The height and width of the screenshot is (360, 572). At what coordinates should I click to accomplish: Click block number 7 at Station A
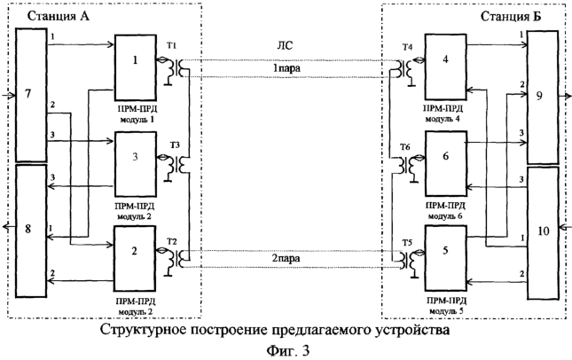31,95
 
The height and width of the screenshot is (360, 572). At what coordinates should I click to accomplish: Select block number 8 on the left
31,231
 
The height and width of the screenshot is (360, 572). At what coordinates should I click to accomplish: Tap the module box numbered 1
136,67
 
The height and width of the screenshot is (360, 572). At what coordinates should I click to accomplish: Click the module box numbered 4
445,67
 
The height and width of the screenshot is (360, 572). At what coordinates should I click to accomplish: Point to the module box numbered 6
445,164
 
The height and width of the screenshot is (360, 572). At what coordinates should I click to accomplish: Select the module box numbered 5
445,258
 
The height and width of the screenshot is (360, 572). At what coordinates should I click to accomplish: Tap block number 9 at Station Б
543,97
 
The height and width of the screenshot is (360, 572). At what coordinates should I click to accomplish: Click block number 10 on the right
544,233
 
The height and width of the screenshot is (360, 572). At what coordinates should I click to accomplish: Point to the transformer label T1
172,46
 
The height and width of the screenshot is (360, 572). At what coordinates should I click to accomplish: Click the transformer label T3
175,145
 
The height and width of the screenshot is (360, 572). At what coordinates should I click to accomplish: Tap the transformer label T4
407,47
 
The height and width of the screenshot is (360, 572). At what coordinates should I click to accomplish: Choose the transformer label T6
405,147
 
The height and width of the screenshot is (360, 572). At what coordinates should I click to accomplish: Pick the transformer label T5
407,243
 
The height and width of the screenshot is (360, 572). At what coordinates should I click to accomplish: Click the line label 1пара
287,68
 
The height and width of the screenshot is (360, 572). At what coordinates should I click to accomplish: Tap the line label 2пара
286,259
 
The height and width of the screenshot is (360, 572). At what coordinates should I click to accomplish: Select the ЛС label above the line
285,45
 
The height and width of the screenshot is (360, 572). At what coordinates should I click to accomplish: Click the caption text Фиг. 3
288,351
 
